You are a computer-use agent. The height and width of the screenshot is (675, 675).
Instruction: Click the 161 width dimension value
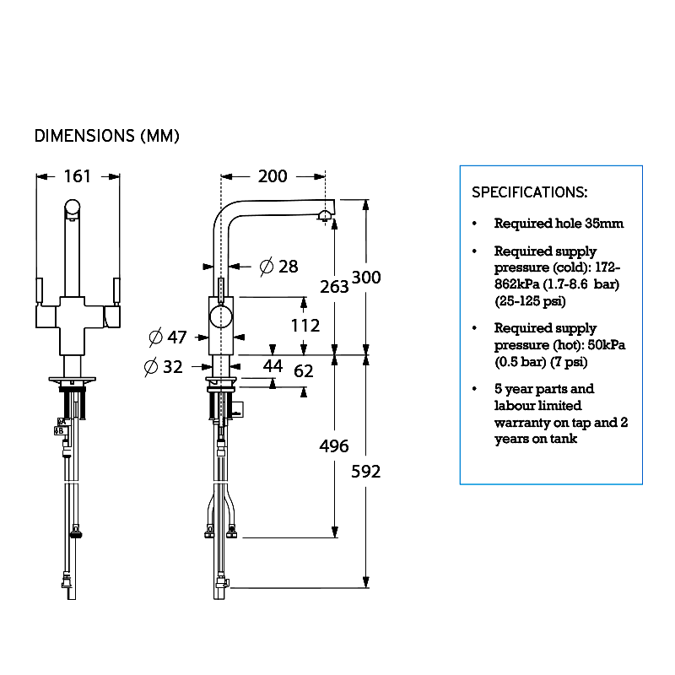(x=78, y=176)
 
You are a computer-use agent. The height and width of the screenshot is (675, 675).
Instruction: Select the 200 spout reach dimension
(x=273, y=176)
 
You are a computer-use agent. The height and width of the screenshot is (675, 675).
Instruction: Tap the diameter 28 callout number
(x=289, y=267)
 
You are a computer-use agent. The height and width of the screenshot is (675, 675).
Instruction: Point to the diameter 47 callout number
(x=177, y=337)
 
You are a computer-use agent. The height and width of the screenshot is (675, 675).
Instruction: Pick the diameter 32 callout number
(x=173, y=367)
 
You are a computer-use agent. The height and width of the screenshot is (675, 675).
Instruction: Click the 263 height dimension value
(x=334, y=287)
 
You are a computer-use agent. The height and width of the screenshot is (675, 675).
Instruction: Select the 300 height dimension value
(x=366, y=278)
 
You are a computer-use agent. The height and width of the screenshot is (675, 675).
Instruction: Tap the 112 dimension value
(x=305, y=326)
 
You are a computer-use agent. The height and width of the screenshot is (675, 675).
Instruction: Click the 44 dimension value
(x=273, y=366)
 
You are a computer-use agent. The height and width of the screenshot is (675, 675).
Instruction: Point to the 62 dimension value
(x=304, y=370)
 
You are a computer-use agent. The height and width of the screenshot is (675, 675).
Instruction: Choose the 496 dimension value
(x=334, y=446)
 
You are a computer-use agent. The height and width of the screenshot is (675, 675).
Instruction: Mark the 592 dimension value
(x=366, y=472)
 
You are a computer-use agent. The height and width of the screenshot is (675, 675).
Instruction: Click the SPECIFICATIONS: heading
(x=530, y=192)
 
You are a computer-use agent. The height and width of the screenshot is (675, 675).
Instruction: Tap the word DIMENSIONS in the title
(x=84, y=136)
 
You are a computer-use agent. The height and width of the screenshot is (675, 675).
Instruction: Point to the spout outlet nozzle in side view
(x=325, y=216)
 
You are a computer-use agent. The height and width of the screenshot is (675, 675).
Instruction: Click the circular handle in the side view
(x=221, y=318)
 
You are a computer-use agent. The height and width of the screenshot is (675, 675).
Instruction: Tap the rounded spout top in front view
(x=73, y=207)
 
